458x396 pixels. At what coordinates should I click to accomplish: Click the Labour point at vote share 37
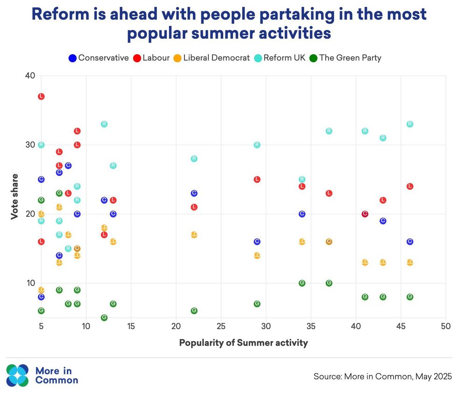point(41,96)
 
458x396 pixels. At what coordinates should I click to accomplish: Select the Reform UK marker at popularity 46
point(410,124)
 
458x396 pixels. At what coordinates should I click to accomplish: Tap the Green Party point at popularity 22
point(194,311)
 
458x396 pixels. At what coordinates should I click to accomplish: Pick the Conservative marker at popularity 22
point(194,193)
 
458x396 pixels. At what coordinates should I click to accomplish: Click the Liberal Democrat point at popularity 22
point(194,235)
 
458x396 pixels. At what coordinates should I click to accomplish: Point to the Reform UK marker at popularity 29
point(257,145)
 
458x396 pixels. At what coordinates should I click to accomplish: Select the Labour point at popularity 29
point(257,180)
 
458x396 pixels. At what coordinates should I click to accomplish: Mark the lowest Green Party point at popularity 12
point(104,317)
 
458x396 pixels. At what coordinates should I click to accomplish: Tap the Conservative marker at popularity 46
point(410,242)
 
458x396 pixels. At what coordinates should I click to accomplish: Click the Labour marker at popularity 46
point(410,186)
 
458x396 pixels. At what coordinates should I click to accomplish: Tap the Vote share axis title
point(15,196)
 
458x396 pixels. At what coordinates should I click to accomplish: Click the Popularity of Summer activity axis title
point(243,343)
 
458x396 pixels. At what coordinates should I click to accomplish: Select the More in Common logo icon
point(17,375)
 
